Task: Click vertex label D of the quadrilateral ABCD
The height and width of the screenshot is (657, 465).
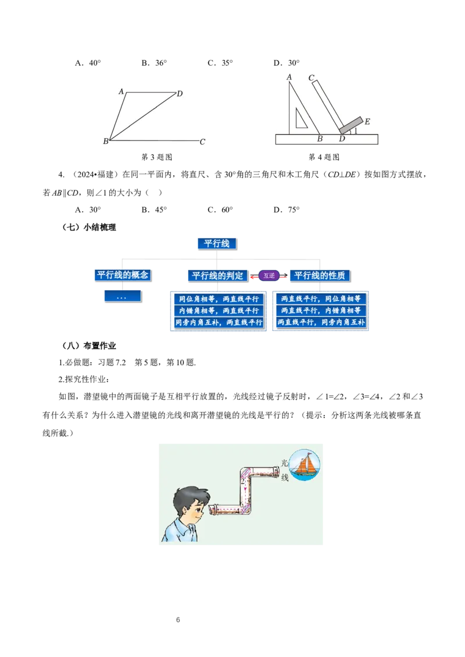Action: pyautogui.click(x=180, y=93)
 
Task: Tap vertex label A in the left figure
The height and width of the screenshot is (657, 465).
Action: pyautogui.click(x=121, y=91)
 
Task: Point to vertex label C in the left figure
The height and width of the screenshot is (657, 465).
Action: pyautogui.click(x=202, y=142)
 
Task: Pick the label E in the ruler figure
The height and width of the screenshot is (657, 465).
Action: pyautogui.click(x=367, y=122)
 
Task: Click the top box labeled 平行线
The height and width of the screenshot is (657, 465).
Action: pyautogui.click(x=217, y=244)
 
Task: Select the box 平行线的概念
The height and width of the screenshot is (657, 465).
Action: pyautogui.click(x=123, y=275)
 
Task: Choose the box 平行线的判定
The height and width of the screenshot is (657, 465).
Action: pyautogui.click(x=217, y=275)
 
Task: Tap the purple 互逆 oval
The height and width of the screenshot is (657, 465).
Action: pyautogui.click(x=269, y=276)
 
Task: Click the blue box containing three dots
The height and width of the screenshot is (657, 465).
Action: pyautogui.click(x=122, y=296)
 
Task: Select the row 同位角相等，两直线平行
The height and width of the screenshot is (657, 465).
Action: pyautogui.click(x=219, y=299)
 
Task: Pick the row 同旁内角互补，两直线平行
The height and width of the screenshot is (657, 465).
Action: pyautogui.click(x=219, y=322)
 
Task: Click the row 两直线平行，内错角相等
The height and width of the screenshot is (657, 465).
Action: pyautogui.click(x=321, y=311)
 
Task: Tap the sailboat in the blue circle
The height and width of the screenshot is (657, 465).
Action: pyautogui.click(x=305, y=464)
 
